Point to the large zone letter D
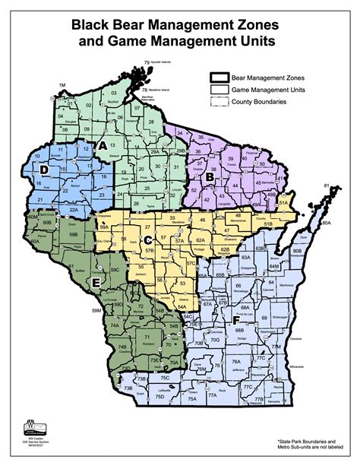(x=45, y=168)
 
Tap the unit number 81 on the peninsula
(x=327, y=185)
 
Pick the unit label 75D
(x=159, y=396)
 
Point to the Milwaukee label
(x=301, y=366)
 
